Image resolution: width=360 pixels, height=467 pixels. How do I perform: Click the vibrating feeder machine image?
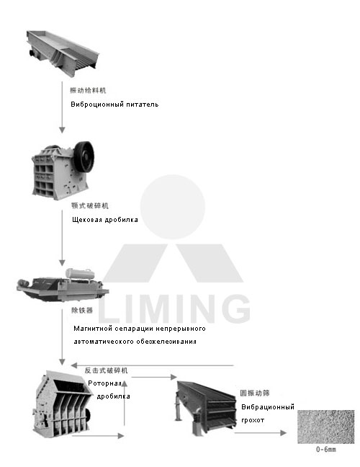pyautogui.click(x=63, y=53)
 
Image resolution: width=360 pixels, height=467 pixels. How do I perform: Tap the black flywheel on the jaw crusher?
pyautogui.click(x=84, y=157)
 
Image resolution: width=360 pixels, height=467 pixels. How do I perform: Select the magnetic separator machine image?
pyautogui.click(x=63, y=285)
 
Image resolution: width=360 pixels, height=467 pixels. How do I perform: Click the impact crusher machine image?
pyautogui.click(x=62, y=404)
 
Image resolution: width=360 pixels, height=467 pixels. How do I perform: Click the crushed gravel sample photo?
pyautogui.click(x=325, y=427)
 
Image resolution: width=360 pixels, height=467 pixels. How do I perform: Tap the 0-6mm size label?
pyautogui.click(x=325, y=450)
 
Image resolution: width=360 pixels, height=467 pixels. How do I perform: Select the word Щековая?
pyautogui.click(x=87, y=220)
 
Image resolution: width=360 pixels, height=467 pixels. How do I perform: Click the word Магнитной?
pyautogui.click(x=93, y=329)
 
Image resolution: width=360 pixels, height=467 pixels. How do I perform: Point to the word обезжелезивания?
pyautogui.click(x=166, y=342)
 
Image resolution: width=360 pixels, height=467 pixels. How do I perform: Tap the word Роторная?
pyautogui.click(x=104, y=383)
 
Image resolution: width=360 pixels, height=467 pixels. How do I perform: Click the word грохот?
pyautogui.click(x=253, y=421)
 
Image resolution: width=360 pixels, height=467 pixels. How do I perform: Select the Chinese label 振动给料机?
pyautogui.click(x=88, y=90)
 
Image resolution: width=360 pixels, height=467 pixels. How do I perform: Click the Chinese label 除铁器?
pyautogui.click(x=82, y=311)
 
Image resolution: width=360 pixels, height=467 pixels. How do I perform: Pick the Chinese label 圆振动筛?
pyautogui.click(x=255, y=393)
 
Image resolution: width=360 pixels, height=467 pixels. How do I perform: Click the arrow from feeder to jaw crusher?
pyautogui.click(x=62, y=107)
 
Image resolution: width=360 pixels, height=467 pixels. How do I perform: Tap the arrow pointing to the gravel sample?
pyautogui.click(x=261, y=432)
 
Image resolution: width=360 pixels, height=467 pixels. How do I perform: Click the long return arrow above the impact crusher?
pyautogui.click(x=153, y=365)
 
